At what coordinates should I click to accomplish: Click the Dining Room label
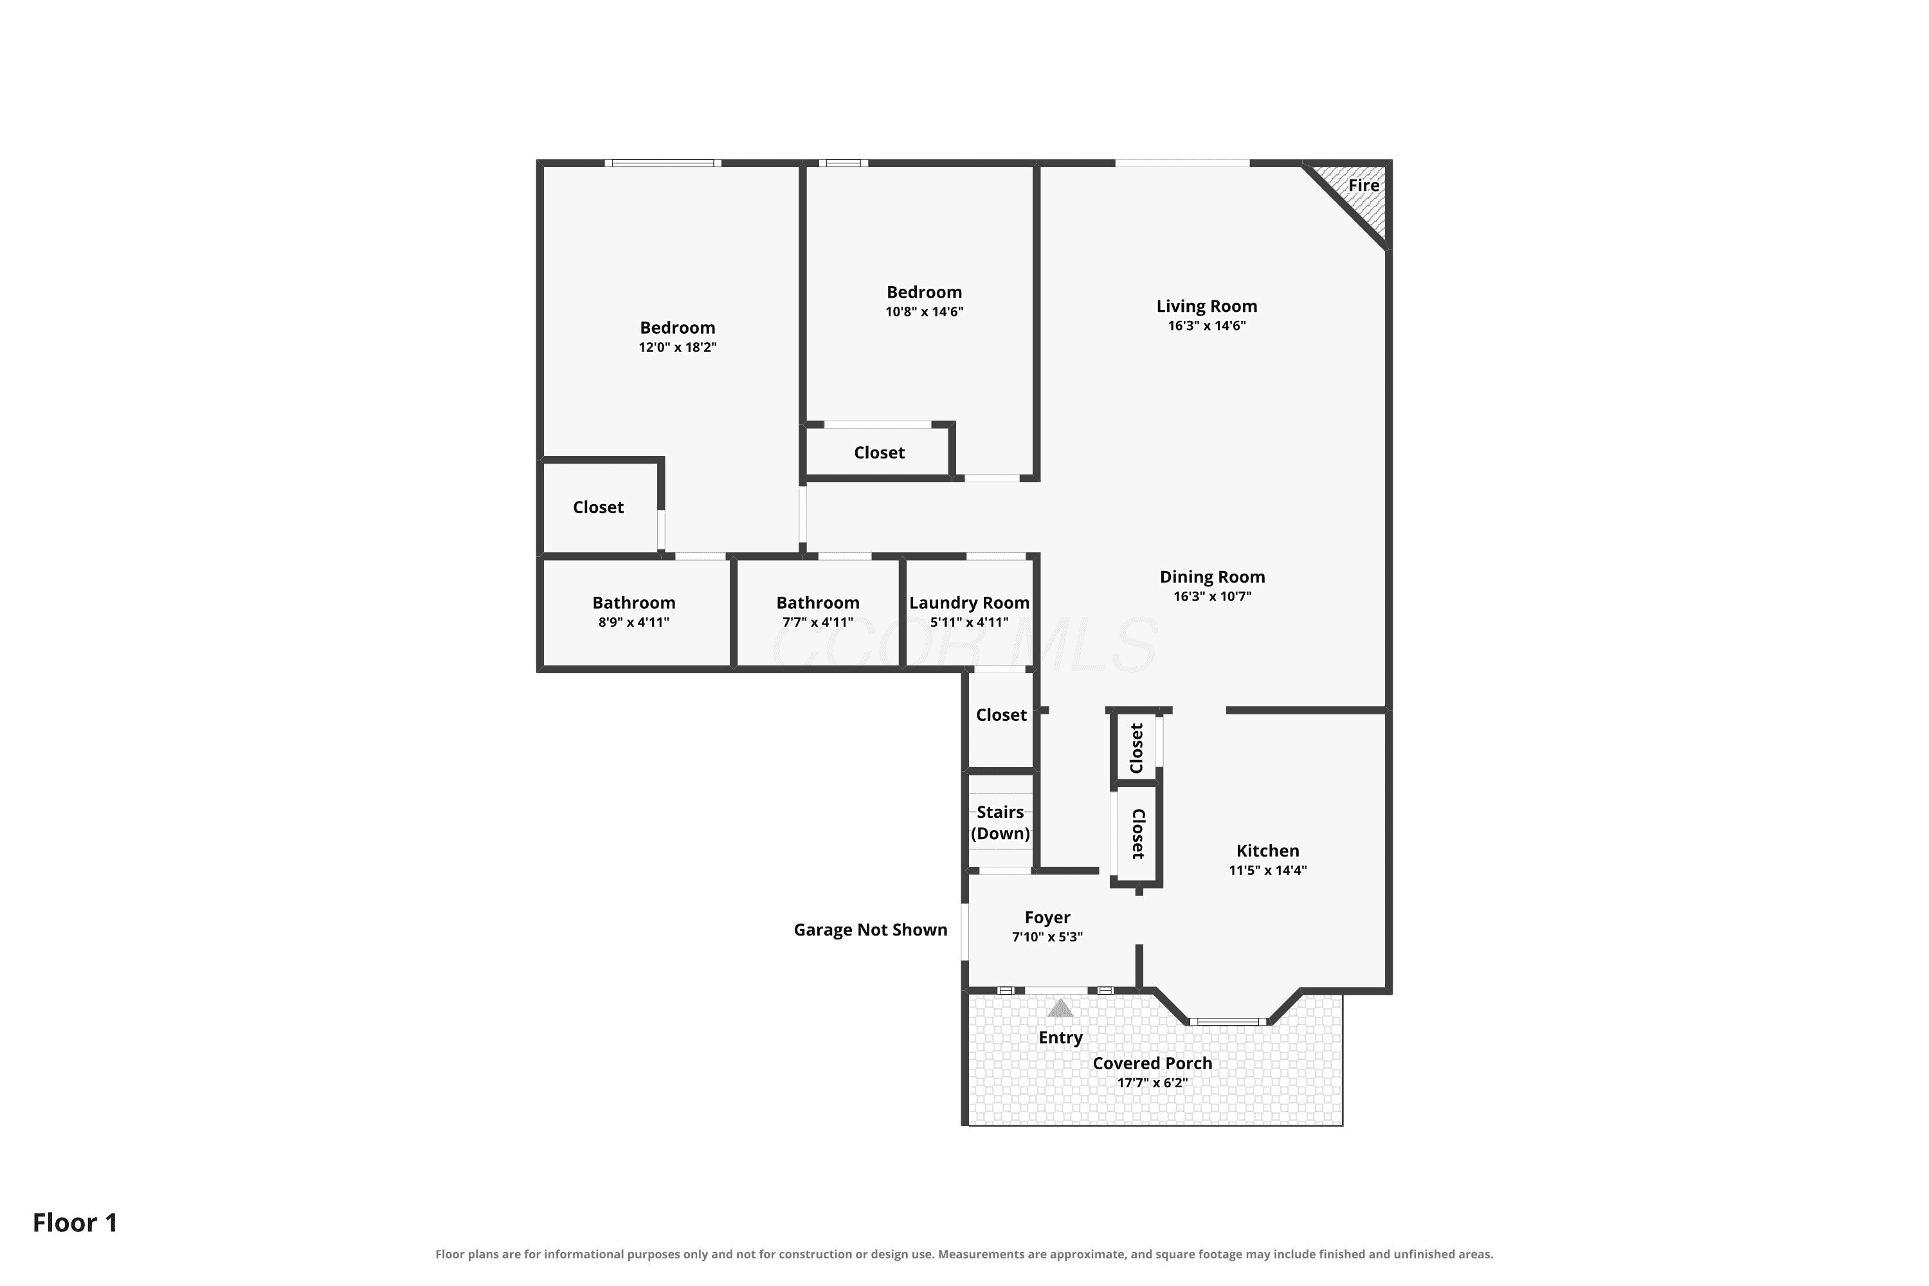(1212, 577)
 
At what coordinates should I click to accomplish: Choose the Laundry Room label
(970, 603)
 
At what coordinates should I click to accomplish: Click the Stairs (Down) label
(1001, 822)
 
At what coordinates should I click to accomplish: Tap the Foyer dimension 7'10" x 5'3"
(1047, 937)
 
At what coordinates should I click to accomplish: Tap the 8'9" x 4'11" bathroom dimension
(634, 622)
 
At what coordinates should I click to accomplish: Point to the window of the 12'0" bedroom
(664, 163)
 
